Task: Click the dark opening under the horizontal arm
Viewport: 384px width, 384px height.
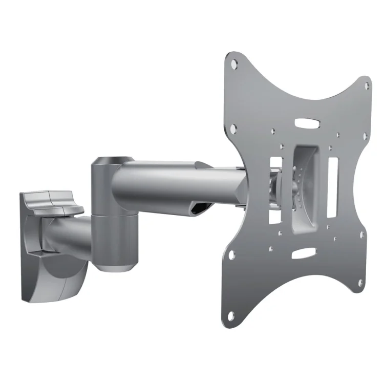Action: (x=201, y=207)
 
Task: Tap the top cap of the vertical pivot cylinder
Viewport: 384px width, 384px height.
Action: (x=110, y=161)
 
